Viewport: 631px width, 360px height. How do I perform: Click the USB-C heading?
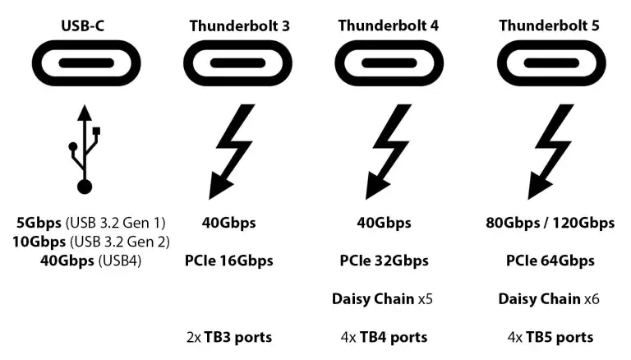(83, 25)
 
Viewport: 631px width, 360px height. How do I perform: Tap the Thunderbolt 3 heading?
(239, 25)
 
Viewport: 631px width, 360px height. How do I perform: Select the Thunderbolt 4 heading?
(389, 25)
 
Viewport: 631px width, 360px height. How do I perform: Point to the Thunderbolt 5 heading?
(549, 25)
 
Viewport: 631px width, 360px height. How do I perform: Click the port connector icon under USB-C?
(84, 64)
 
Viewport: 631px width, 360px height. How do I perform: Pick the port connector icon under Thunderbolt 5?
(549, 64)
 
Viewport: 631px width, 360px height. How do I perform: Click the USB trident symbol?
(84, 149)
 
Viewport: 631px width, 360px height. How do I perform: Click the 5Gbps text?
(37, 223)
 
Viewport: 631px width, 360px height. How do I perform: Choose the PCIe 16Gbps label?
(229, 261)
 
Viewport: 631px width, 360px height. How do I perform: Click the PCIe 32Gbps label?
(385, 261)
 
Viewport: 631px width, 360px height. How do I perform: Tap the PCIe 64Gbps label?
(550, 261)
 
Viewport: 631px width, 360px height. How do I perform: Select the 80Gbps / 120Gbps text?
(549, 223)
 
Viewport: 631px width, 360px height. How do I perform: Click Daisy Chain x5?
(382, 298)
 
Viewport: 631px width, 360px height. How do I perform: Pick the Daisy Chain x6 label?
(548, 298)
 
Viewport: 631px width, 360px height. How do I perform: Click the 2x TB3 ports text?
(229, 337)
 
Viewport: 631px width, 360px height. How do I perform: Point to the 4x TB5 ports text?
(548, 337)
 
